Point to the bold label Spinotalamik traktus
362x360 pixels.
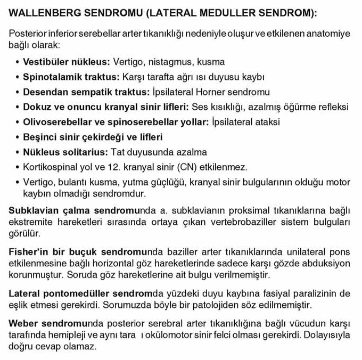point(71,77)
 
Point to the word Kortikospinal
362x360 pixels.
point(49,167)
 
